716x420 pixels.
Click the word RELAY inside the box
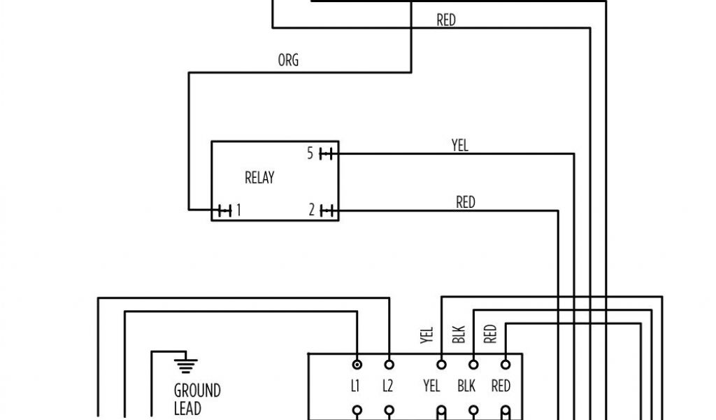(x=259, y=178)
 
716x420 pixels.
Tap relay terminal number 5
(x=310, y=154)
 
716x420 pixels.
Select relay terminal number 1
(x=238, y=209)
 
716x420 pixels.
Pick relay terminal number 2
(x=313, y=209)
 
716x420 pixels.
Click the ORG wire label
(x=288, y=61)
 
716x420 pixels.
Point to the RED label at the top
(x=446, y=21)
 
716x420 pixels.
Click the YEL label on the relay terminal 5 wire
(x=460, y=146)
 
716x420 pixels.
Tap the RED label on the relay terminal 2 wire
(x=466, y=202)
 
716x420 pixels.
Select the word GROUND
(x=197, y=390)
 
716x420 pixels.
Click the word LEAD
(x=187, y=407)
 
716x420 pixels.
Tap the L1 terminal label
(x=356, y=386)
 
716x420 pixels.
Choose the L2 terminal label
(x=389, y=386)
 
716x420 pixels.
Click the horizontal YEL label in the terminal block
(x=432, y=386)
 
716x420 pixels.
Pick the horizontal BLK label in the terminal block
(x=467, y=386)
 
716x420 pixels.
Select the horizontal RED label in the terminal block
(x=501, y=386)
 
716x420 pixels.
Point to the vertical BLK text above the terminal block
(x=459, y=335)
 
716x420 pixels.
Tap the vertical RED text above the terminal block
(x=491, y=334)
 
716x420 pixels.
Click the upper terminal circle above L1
(x=357, y=365)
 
